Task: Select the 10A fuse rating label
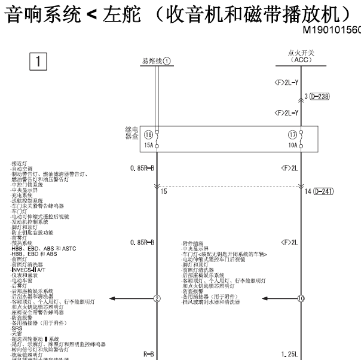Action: (x=293, y=145)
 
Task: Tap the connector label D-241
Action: (x=322, y=191)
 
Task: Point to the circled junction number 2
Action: (x=157, y=298)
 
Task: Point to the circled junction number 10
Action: (x=301, y=298)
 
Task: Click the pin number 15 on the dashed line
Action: (x=164, y=191)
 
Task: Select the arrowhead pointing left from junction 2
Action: (x=113, y=298)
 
